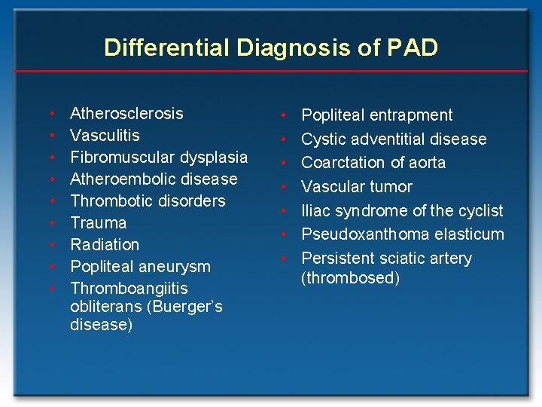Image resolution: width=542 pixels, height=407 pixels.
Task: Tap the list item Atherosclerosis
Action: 126,114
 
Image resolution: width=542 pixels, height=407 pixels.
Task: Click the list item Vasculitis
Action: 105,136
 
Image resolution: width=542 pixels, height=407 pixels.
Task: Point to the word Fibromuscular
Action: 120,158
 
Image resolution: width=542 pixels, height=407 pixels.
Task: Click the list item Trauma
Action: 98,223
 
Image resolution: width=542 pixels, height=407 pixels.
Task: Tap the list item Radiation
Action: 105,245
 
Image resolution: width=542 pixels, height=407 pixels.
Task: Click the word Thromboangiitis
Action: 129,289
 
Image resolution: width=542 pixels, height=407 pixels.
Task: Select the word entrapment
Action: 410,115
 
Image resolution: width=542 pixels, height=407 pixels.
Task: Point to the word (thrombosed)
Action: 350,278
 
